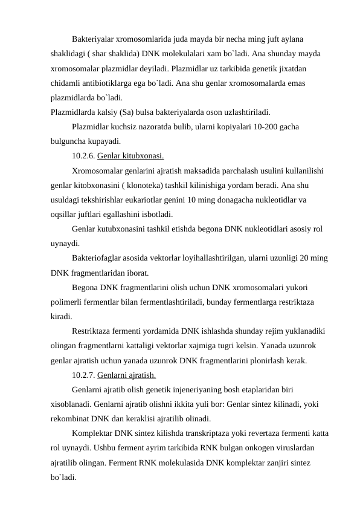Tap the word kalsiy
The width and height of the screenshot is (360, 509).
tap(106, 112)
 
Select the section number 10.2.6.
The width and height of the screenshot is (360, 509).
tap(83, 155)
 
